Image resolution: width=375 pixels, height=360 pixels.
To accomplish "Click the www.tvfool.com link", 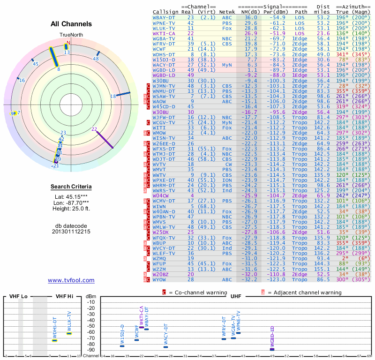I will pos(71,280).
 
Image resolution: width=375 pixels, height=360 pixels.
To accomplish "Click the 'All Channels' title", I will pos(71,24).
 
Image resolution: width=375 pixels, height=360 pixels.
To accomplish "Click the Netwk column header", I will pos(227,11).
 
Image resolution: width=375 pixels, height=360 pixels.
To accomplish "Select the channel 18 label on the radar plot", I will pos(113,96).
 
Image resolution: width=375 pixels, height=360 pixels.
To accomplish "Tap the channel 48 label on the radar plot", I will pos(96,59).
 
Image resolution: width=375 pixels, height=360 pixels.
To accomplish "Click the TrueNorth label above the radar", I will pos(71,35).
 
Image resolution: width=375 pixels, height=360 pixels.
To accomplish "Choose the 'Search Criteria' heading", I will pos(71,187).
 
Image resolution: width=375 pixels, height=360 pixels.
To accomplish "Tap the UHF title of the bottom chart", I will pos(235,297).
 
